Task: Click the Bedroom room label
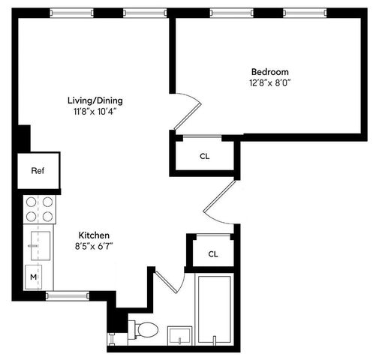click(270, 72)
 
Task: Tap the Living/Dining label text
click(95, 100)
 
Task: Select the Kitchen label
click(94, 235)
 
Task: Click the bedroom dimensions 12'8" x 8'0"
click(270, 82)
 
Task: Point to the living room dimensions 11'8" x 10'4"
click(95, 112)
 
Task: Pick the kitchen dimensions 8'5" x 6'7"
click(94, 247)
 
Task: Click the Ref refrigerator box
click(38, 171)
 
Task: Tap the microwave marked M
click(33, 277)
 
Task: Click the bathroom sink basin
click(179, 335)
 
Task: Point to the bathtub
click(215, 309)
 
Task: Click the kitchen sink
click(41, 246)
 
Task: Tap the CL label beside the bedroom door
click(204, 157)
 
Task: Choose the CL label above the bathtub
click(213, 254)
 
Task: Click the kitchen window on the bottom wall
click(68, 296)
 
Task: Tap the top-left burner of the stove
click(32, 202)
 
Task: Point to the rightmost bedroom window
click(305, 13)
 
